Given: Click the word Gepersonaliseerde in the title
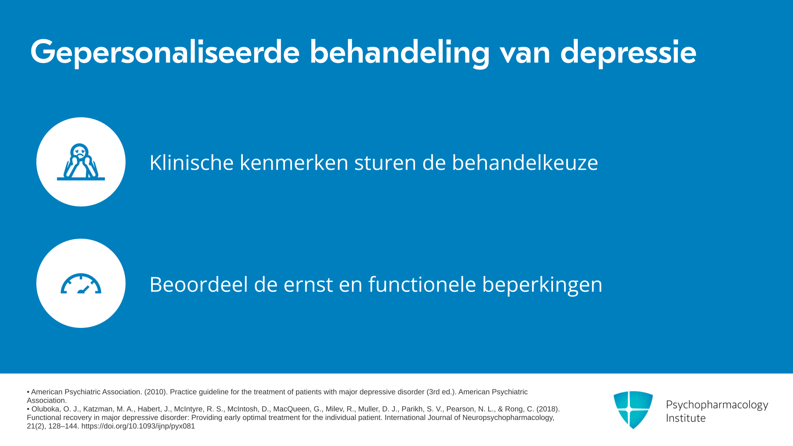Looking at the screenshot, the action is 165,52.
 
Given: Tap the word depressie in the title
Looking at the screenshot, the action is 628,52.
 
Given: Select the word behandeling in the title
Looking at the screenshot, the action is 400,52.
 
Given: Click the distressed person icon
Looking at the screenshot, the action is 81,162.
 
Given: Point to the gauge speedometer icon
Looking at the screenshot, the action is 81,283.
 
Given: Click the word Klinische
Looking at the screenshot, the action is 192,162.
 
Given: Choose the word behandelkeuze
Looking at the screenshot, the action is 525,162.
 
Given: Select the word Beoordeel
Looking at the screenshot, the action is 199,284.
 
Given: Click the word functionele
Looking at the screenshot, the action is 422,284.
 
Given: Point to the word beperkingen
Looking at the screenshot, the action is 542,285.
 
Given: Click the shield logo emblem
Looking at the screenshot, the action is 633,410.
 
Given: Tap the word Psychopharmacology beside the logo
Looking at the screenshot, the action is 717,405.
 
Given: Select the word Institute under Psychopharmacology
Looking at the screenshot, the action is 686,418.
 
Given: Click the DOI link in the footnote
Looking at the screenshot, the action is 138,426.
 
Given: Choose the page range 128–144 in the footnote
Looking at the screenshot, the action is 63,426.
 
